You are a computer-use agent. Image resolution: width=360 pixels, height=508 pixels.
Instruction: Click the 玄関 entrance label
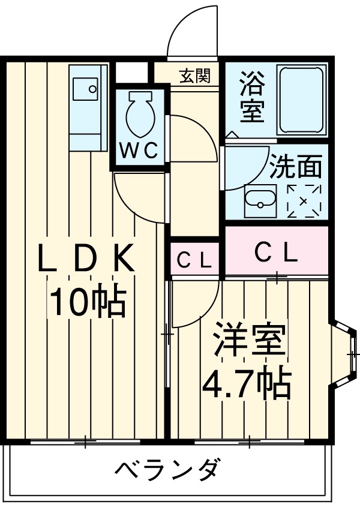coord(194,76)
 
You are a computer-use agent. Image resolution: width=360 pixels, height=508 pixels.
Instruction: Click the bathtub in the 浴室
coord(302,100)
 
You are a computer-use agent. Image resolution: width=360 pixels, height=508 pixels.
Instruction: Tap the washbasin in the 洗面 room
coord(260,201)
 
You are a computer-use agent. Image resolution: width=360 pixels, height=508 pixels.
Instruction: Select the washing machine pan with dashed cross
coord(305,201)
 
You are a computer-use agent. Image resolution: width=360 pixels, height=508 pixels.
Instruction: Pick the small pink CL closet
coord(195,260)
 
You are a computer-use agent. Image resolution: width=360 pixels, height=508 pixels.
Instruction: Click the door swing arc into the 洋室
coord(192,303)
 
